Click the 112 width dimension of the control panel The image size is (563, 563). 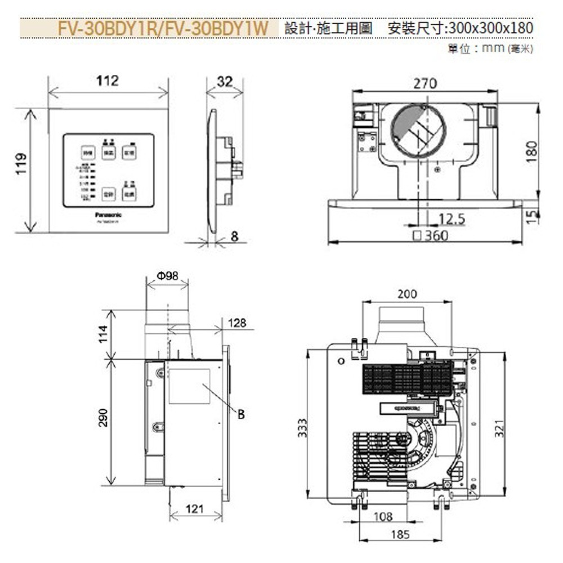pyautogui.click(x=107, y=81)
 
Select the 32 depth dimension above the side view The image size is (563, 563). pyautogui.click(x=224, y=82)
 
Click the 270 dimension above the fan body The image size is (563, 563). pyautogui.click(x=425, y=84)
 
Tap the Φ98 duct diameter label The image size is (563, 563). pyautogui.click(x=167, y=276)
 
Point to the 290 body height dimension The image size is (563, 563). pyautogui.click(x=104, y=418)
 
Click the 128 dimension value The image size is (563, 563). pyautogui.click(x=237, y=323)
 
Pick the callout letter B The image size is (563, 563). pyautogui.click(x=241, y=414)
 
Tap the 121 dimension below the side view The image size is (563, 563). pyautogui.click(x=194, y=510)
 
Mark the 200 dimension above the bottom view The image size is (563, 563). pyautogui.click(x=407, y=294)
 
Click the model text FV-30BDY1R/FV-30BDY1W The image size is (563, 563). pyautogui.click(x=163, y=28)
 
